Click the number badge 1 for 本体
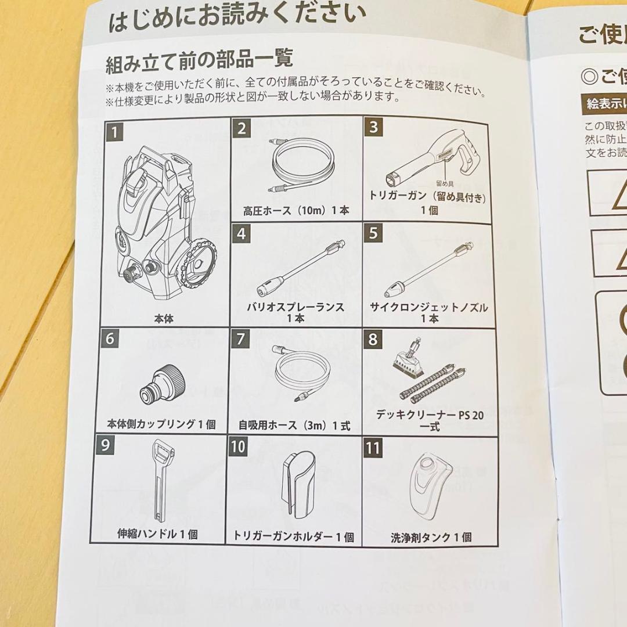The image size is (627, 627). (x=114, y=132)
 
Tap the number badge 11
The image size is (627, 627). (x=374, y=449)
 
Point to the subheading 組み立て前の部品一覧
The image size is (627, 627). (x=199, y=60)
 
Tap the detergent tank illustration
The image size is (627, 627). (x=430, y=487)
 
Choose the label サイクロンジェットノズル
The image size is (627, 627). (x=429, y=307)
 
